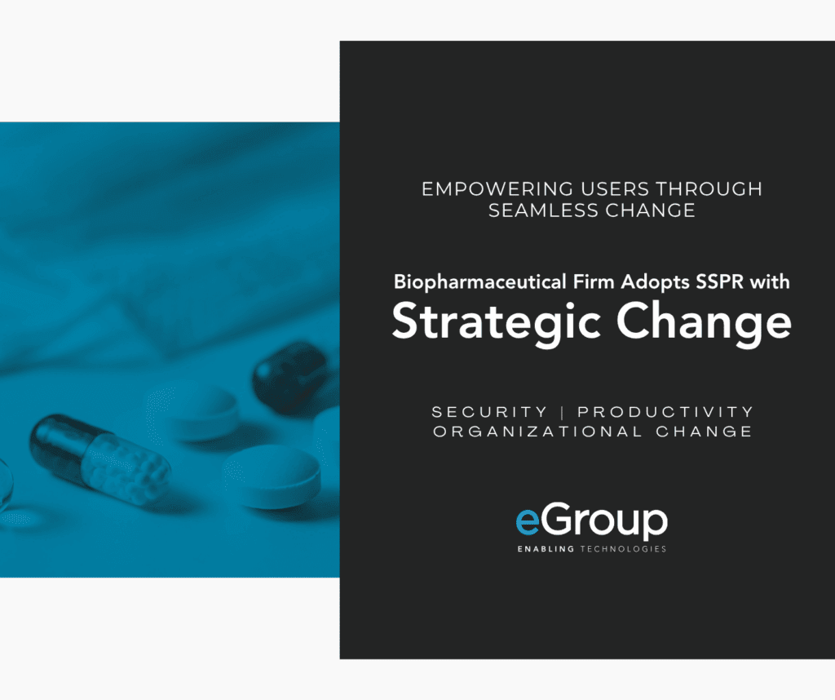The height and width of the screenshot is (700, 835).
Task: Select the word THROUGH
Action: (709, 189)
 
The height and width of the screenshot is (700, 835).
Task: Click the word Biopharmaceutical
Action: (479, 281)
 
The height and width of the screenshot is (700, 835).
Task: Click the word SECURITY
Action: (489, 412)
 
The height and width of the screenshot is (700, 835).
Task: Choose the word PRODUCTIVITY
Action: (665, 412)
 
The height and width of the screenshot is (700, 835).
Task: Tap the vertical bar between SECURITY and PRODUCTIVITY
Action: (563, 412)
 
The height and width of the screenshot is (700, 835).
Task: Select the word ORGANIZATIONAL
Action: (538, 431)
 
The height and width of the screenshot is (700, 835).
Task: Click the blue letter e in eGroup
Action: (528, 521)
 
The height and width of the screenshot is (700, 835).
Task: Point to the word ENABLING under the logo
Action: (546, 549)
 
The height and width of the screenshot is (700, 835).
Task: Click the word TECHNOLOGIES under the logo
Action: (623, 549)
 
